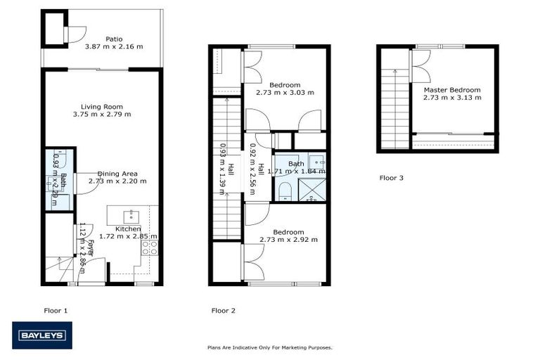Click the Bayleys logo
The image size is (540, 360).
coord(41,335)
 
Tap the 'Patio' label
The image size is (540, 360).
coord(114,39)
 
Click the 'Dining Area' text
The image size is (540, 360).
coord(117,173)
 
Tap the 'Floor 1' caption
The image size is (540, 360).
coord(56,309)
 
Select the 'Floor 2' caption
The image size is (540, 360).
coord(223,309)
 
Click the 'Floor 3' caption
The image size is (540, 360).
coord(392,178)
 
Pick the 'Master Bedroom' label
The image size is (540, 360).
coord(451,90)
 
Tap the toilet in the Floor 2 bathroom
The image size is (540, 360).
coord(285,190)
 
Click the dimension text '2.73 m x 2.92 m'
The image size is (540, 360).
coord(288,240)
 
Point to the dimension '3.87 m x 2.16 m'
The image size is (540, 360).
coord(114,46)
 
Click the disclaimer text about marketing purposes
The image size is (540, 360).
coord(269,347)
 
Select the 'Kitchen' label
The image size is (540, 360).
coord(129,229)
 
